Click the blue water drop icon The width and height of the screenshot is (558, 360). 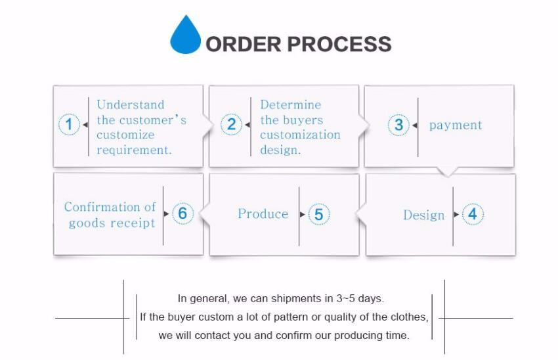coord(185,36)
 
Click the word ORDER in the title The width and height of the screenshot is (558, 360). coord(243,44)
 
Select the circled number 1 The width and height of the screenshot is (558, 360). coord(69,125)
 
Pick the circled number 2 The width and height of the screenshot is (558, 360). coord(231,125)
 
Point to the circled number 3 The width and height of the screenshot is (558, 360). coord(398,125)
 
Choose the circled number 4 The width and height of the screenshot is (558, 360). coord(473,214)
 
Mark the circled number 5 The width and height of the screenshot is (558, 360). coord(318,214)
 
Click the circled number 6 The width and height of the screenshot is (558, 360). coord(182,214)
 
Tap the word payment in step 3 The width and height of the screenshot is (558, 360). coord(456,125)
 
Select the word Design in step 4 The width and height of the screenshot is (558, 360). coord(423,215)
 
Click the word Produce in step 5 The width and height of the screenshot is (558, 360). coord(263,214)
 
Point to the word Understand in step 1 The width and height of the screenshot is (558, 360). coord(131,104)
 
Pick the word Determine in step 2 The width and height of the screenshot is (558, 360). coord(290,104)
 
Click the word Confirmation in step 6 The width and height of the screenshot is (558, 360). coord(102,207)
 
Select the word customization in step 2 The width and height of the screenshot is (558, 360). coord(300,135)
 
